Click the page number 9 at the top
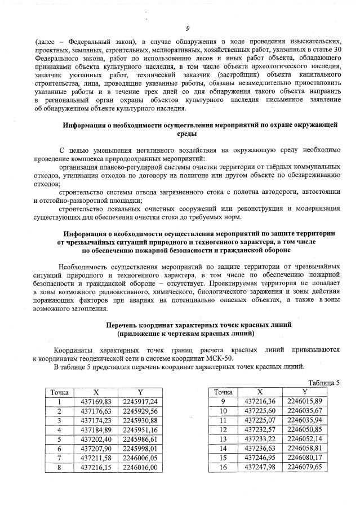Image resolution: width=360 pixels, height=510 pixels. pyautogui.click(x=186, y=29)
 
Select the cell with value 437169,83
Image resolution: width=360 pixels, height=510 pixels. pyautogui.click(x=96, y=401)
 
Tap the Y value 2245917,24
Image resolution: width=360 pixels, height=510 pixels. pyautogui.click(x=139, y=401)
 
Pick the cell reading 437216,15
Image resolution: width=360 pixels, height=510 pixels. pyautogui.click(x=96, y=467)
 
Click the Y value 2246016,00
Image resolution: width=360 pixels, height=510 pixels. pyautogui.click(x=139, y=467)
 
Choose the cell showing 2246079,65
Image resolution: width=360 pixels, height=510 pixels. pyautogui.click(x=304, y=467)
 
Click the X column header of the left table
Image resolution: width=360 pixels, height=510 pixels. pyautogui.click(x=96, y=392)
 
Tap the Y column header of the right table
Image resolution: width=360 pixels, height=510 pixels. pyautogui.click(x=304, y=392)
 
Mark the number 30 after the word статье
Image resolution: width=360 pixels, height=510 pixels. pyautogui.click(x=336, y=50)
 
